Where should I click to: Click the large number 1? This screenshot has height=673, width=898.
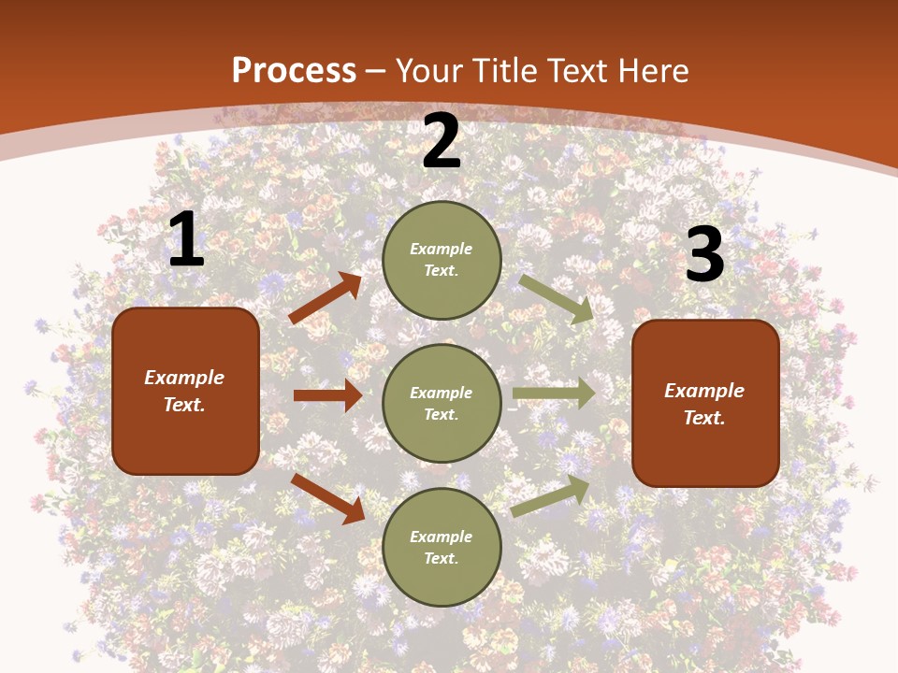(186, 240)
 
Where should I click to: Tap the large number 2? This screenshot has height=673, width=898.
(442, 142)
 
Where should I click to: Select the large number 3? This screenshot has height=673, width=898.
(704, 255)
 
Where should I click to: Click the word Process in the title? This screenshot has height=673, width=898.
(294, 70)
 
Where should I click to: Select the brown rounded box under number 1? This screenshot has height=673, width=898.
(185, 391)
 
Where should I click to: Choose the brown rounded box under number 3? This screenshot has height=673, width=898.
(705, 403)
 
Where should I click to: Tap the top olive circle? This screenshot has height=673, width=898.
(442, 260)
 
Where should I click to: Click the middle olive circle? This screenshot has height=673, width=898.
(442, 403)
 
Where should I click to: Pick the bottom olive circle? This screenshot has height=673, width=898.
(442, 547)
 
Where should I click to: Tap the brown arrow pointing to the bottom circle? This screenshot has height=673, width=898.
(328, 498)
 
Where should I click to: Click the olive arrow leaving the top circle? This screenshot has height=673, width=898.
(557, 298)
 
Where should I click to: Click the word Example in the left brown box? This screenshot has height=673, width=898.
(184, 378)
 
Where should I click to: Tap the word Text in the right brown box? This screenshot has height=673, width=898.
(704, 418)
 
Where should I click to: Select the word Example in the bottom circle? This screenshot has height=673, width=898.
(442, 537)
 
